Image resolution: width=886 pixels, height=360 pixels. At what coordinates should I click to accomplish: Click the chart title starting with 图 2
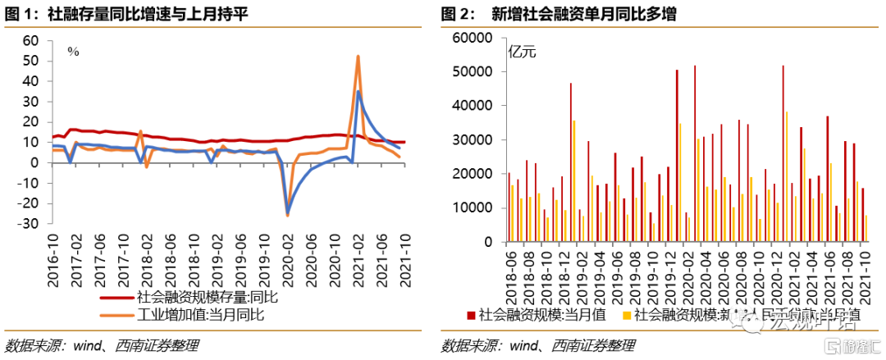[x=559, y=14]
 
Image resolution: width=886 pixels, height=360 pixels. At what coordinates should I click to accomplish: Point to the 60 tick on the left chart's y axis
[x=31, y=40]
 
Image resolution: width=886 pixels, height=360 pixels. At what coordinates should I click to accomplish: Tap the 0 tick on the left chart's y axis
[x=35, y=162]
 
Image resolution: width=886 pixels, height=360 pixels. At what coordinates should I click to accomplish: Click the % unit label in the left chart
[x=73, y=51]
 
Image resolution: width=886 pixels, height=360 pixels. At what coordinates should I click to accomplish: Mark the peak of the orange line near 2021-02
[x=359, y=57]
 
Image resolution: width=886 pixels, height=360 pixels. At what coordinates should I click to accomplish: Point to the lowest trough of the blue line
[x=288, y=214]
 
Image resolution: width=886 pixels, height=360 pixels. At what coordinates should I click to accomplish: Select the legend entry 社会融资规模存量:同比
[x=208, y=298]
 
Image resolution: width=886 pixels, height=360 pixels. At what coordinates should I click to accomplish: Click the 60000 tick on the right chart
[x=471, y=38]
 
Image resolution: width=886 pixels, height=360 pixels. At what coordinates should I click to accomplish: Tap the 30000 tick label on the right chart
[x=471, y=140]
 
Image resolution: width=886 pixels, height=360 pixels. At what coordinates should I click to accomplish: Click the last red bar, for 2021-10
[x=862, y=215]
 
